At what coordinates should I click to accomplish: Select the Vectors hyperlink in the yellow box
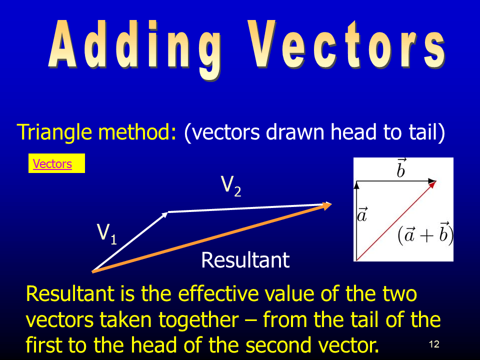pyautogui.click(x=52, y=164)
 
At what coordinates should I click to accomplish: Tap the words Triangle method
pyautogui.click(x=96, y=132)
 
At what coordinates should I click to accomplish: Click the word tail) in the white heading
pyautogui.click(x=426, y=132)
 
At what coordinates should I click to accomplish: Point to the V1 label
pyautogui.click(x=107, y=234)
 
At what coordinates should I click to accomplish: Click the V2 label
pyautogui.click(x=231, y=186)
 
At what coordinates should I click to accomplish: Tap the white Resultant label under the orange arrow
pyautogui.click(x=245, y=260)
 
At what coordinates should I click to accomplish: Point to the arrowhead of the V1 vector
pyautogui.click(x=165, y=214)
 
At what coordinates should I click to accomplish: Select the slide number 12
pyautogui.click(x=434, y=344)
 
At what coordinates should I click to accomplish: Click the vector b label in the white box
pyautogui.click(x=401, y=168)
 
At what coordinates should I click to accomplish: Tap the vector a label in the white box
pyautogui.click(x=362, y=214)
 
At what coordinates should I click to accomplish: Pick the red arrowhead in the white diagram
pyautogui.click(x=432, y=185)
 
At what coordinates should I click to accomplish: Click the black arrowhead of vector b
pyautogui.click(x=432, y=181)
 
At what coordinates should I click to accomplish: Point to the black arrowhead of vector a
pyautogui.click(x=356, y=185)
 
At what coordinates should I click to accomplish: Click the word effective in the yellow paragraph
pyautogui.click(x=218, y=293)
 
